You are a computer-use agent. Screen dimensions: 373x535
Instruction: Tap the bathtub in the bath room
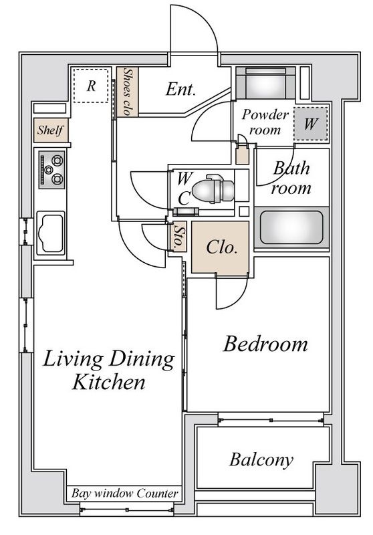tap(291, 227)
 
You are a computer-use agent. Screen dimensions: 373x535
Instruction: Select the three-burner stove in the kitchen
tap(51, 170)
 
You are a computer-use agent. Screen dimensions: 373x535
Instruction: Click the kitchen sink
tap(51, 233)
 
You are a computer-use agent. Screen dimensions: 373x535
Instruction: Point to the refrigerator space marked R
tap(91, 86)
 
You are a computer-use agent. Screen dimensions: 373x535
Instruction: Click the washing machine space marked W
tap(311, 124)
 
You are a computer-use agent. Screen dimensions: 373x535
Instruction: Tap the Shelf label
tap(50, 130)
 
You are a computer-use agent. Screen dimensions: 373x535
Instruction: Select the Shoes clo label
tap(128, 92)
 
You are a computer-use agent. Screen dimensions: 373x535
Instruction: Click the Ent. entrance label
tap(180, 90)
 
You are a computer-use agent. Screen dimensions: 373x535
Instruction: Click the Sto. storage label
tap(178, 236)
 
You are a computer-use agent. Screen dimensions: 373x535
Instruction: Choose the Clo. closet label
tap(222, 247)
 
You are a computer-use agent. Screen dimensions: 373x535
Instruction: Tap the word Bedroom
tap(265, 344)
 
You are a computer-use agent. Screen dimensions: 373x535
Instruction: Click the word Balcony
tap(261, 460)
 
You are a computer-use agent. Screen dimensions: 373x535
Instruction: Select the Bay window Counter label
tap(125, 494)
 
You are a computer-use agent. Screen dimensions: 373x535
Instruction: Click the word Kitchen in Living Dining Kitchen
tap(109, 383)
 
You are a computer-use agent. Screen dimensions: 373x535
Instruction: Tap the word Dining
tap(142, 360)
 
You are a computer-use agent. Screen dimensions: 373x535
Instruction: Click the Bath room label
tap(291, 178)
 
